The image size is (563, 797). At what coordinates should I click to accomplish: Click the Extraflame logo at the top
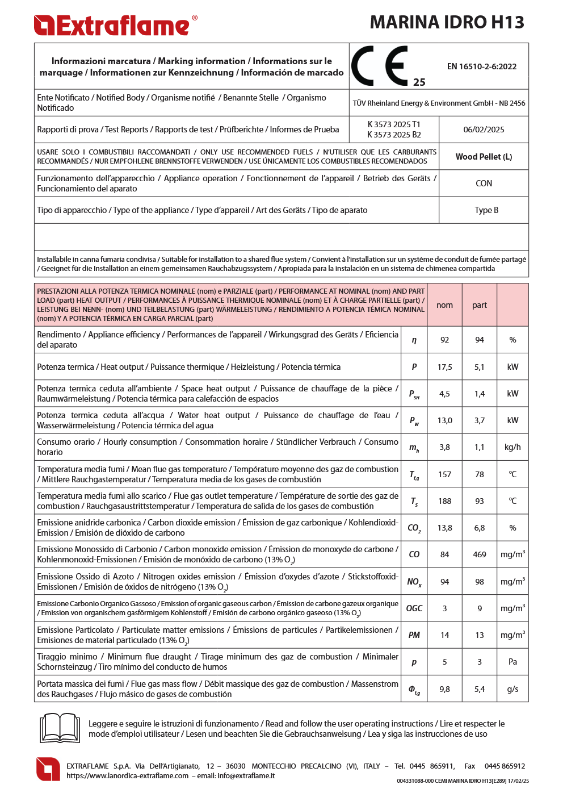[x=115, y=26]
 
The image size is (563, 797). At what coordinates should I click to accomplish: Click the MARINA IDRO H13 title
[x=447, y=22]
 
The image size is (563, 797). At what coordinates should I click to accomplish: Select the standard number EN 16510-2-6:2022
[x=481, y=66]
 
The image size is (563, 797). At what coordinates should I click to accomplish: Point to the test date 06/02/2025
[x=484, y=130]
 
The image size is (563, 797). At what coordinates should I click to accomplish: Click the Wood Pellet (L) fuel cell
[x=484, y=157]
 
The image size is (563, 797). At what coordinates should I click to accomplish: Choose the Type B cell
[x=486, y=210]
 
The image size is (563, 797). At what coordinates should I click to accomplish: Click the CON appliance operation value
[x=484, y=183]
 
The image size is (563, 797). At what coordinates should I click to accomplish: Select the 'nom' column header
[x=444, y=305]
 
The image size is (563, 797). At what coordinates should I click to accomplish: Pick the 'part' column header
[x=480, y=305]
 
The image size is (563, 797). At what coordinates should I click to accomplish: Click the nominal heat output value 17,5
[x=444, y=367]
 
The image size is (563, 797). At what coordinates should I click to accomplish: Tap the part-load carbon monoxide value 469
[x=480, y=554]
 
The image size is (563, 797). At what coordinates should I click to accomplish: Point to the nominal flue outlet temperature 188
[x=444, y=501]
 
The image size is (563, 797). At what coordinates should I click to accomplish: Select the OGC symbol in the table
[x=414, y=608]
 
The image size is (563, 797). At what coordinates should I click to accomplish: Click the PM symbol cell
[x=414, y=635]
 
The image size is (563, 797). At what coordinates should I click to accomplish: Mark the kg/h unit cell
[x=512, y=447]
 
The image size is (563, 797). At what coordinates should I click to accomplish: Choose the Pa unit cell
[x=512, y=662]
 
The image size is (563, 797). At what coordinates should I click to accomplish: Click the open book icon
[x=60, y=728]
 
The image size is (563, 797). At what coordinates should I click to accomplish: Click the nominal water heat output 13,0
[x=444, y=420]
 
